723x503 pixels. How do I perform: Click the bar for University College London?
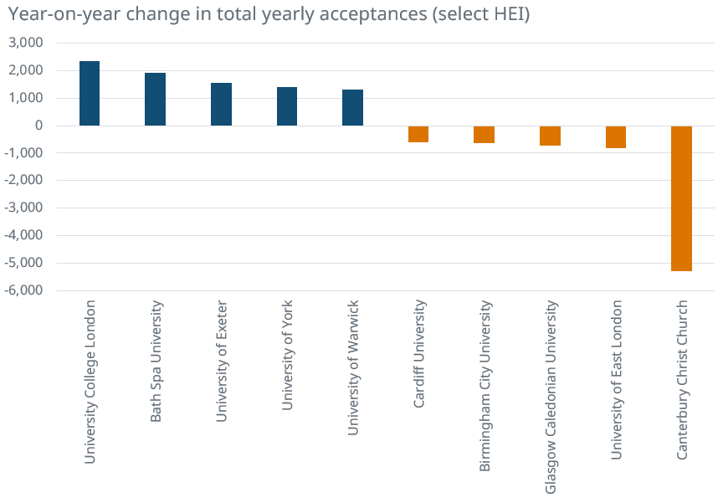(90, 94)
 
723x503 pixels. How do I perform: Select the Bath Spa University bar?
(155, 100)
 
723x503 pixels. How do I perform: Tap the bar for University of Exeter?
(221, 105)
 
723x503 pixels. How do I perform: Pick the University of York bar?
(287, 106)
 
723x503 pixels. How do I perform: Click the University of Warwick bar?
(352, 108)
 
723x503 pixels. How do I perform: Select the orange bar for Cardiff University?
(418, 134)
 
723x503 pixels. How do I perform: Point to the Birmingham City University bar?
(484, 135)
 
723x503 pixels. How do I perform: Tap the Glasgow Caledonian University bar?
(550, 136)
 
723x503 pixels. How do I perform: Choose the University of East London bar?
(616, 137)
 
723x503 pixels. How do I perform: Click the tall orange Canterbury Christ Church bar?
(681, 198)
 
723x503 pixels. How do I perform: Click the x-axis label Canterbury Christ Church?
(682, 379)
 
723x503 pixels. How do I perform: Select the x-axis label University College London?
(90, 381)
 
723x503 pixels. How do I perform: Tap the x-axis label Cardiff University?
(419, 355)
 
